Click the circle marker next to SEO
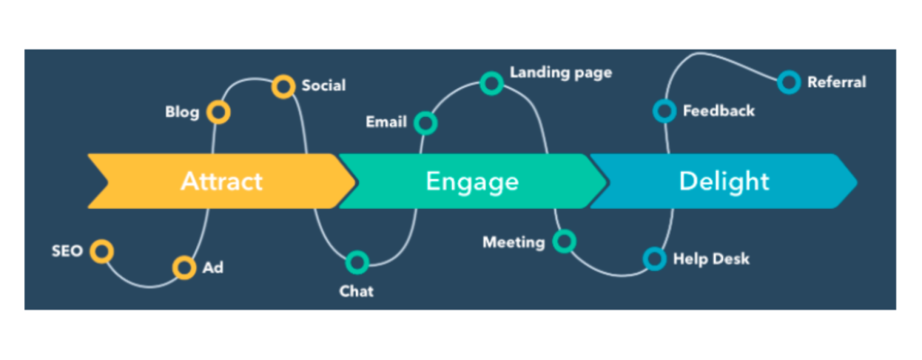tap(103, 251)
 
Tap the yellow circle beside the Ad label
tap(184, 267)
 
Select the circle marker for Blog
tap(218, 112)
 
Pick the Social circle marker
tap(284, 86)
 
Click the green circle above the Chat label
tap(357, 263)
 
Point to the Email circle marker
tap(426, 122)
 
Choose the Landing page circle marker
tap(492, 84)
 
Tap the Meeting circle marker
tap(565, 241)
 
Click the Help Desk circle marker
tap(655, 259)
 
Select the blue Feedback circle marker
tap(664, 111)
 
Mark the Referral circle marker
tap(790, 83)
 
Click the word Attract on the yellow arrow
tap(221, 181)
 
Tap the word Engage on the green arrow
tap(472, 181)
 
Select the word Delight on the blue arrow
tap(724, 181)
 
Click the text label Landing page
tap(561, 72)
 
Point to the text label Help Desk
tap(711, 259)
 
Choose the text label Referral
tap(836, 82)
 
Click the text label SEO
tap(67, 250)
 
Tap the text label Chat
tap(357, 291)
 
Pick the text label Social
tap(323, 85)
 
